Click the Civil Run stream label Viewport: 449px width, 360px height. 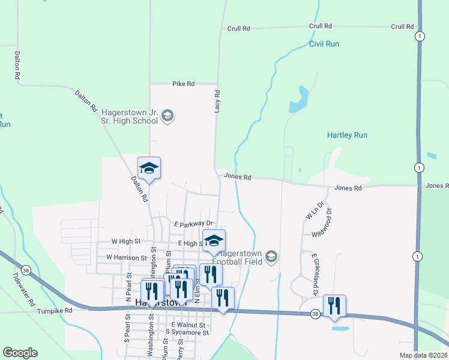tap(324, 44)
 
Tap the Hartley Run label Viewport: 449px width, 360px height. tap(347, 136)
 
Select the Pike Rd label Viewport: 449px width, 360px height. tap(183, 84)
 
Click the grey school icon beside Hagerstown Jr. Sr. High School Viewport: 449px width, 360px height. tap(168, 116)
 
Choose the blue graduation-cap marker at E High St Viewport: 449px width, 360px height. tap(214, 241)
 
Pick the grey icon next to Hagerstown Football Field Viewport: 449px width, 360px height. tap(271, 257)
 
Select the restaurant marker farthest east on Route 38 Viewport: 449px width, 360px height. tap(334, 305)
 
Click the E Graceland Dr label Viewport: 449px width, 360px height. tap(313, 274)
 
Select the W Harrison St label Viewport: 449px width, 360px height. tap(126, 257)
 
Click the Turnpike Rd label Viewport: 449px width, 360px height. tap(55, 311)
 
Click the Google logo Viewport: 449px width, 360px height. tap(20, 353)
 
